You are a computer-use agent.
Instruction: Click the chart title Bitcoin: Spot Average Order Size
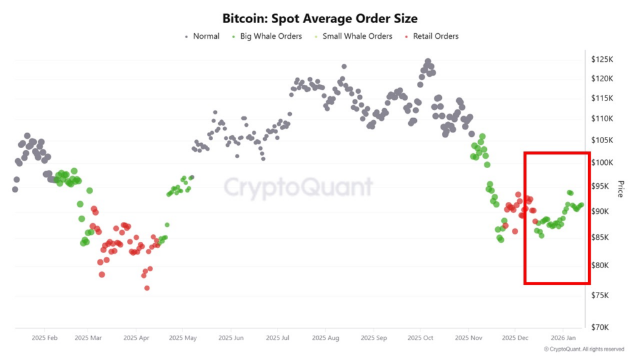click(x=319, y=19)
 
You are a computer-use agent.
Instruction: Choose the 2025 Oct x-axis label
click(x=420, y=337)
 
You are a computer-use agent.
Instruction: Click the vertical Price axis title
click(x=621, y=189)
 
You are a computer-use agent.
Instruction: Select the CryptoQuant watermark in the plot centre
click(x=298, y=187)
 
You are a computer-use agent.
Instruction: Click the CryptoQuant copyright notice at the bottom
click(x=583, y=349)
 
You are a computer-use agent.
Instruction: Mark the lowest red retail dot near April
click(x=147, y=288)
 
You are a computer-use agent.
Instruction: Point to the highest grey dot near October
click(x=428, y=62)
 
